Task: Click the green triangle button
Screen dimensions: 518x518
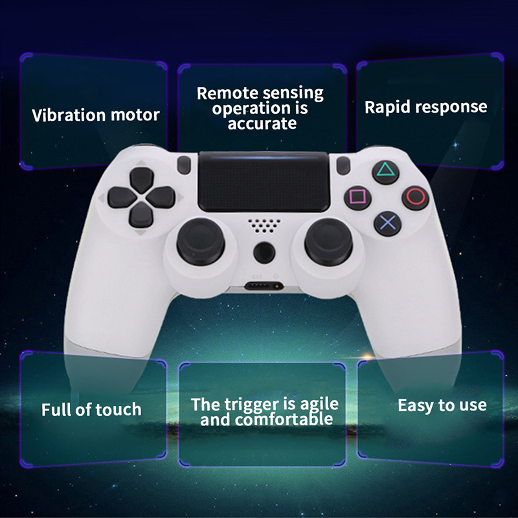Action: click(x=385, y=172)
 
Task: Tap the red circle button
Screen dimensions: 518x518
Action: click(x=415, y=197)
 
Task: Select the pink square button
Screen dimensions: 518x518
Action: click(x=357, y=197)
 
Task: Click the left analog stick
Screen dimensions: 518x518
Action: click(x=201, y=242)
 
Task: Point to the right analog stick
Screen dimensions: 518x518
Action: click(x=328, y=242)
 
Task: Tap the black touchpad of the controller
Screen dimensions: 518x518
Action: click(x=264, y=182)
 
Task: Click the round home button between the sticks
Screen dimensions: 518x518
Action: click(x=264, y=253)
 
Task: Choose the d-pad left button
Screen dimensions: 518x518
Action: click(x=122, y=197)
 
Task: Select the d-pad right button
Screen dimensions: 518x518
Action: click(x=161, y=197)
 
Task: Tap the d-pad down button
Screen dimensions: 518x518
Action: click(x=141, y=215)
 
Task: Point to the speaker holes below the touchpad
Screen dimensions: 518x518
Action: click(x=264, y=225)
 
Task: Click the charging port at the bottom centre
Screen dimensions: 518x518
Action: click(x=264, y=286)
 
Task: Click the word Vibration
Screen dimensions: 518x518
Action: click(x=69, y=115)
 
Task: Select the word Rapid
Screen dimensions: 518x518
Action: click(x=387, y=107)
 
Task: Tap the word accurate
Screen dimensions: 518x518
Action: click(x=262, y=124)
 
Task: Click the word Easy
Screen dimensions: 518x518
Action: click(x=416, y=406)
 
